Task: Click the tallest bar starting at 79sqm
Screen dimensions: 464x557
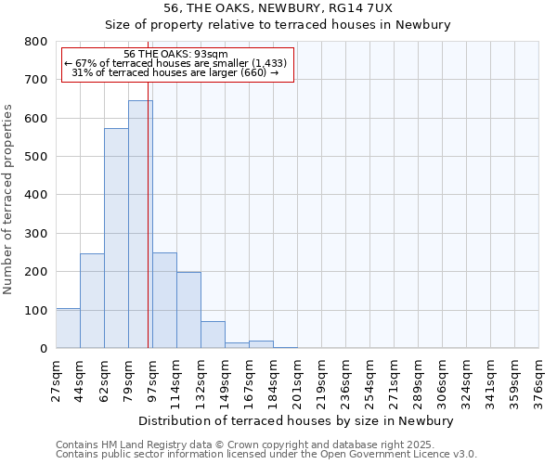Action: (140, 224)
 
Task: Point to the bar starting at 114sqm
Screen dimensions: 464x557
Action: (188, 310)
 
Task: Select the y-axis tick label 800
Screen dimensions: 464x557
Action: (36, 42)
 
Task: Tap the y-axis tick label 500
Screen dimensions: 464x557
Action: (36, 157)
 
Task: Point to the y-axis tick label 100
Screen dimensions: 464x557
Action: (36, 310)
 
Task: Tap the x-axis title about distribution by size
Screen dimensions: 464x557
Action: (296, 420)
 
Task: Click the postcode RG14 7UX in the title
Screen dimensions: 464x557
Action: (369, 7)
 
